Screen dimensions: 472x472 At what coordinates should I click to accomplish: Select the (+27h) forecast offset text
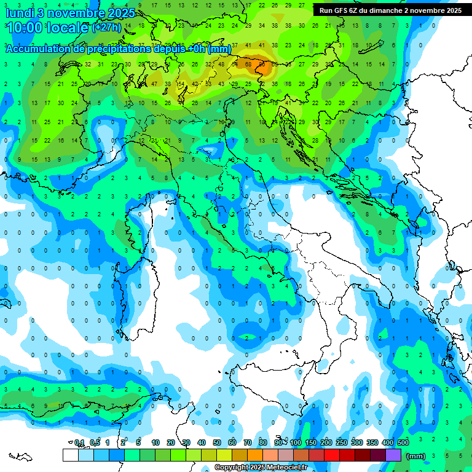(x=107, y=28)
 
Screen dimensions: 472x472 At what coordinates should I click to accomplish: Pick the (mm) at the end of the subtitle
(x=219, y=49)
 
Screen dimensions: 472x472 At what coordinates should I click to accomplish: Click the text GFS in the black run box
(x=343, y=10)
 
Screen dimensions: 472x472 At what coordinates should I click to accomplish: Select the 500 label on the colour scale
(x=403, y=442)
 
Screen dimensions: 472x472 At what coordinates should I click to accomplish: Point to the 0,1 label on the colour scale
(x=79, y=442)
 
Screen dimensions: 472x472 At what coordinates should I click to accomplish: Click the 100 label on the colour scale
(x=296, y=442)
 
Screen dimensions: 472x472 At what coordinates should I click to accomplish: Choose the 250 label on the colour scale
(x=342, y=442)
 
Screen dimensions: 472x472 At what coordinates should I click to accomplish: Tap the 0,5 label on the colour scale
(x=95, y=442)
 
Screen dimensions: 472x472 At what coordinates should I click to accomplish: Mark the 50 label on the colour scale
(x=217, y=442)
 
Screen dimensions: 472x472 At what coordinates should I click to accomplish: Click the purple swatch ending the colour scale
(x=393, y=455)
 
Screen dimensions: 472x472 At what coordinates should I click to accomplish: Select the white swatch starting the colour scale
(x=71, y=455)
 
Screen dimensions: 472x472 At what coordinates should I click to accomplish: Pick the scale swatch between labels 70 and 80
(x=255, y=455)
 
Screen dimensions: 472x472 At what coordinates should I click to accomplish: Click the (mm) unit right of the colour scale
(x=416, y=456)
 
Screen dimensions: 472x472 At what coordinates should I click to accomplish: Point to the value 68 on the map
(x=248, y=63)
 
